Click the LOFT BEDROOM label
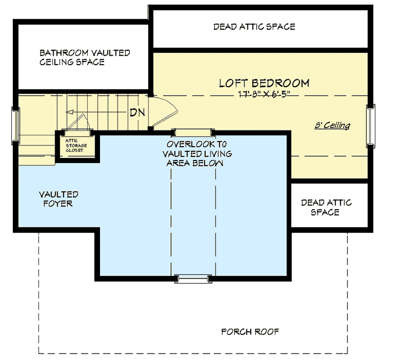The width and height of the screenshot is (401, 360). pyautogui.click(x=264, y=83)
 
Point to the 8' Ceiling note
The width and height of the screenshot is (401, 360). pyautogui.click(x=332, y=126)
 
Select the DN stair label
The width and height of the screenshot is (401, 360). pyautogui.click(x=137, y=113)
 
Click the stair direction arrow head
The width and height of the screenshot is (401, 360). pyautogui.click(x=69, y=112)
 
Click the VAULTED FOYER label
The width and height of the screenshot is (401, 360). pyautogui.click(x=58, y=199)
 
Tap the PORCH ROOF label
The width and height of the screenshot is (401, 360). pyautogui.click(x=250, y=332)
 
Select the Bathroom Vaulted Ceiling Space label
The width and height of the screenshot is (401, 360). pyautogui.click(x=84, y=58)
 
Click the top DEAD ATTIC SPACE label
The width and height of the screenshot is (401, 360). pyautogui.click(x=254, y=26)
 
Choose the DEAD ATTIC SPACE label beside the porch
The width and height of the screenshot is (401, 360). pyautogui.click(x=326, y=208)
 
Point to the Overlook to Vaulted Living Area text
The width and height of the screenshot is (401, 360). pyautogui.click(x=195, y=154)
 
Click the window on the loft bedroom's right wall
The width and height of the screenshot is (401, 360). pyautogui.click(x=369, y=125)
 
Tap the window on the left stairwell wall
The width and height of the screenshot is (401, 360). pyautogui.click(x=16, y=126)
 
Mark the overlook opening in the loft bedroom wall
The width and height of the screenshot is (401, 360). pyautogui.click(x=193, y=131)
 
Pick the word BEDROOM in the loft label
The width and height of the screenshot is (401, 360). pyautogui.click(x=281, y=83)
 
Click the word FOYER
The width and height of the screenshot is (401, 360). pyautogui.click(x=58, y=204)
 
